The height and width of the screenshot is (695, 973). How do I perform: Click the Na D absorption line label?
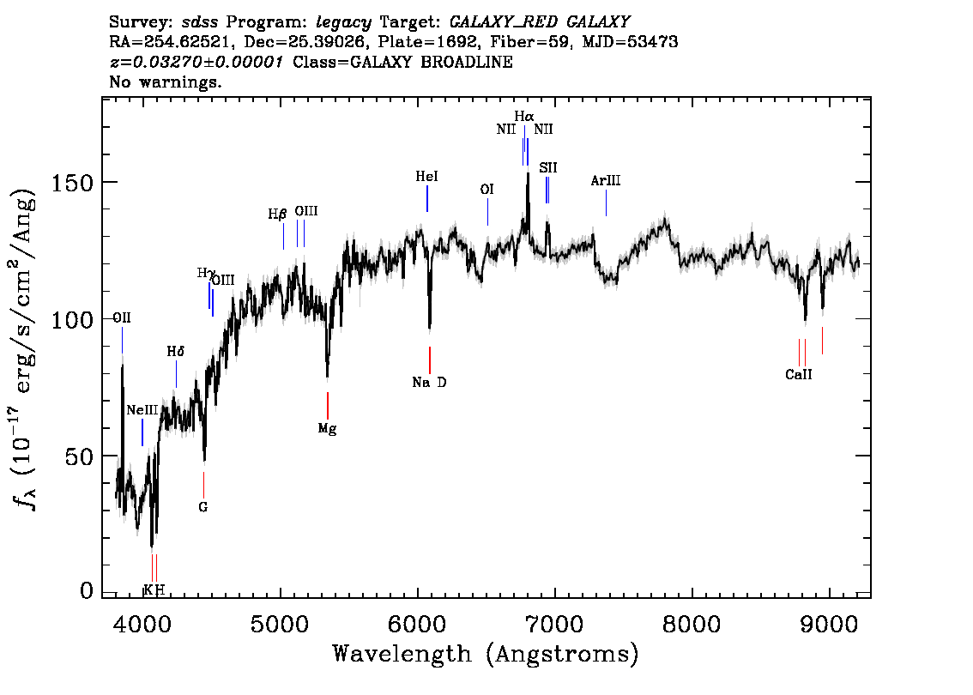coord(429,383)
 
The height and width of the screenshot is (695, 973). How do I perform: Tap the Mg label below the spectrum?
coord(327,428)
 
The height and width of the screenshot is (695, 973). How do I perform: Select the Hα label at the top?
coord(523,116)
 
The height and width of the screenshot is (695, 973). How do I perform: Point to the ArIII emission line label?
coord(606,180)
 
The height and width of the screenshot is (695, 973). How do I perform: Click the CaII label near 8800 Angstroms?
coord(799,374)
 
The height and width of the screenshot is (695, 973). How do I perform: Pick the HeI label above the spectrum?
coord(427,176)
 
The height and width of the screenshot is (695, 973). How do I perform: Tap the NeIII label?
coord(142,410)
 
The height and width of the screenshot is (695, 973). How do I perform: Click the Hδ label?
coord(176,352)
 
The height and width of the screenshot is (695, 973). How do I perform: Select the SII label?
coord(548,167)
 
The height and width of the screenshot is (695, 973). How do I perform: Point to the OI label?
coord(487,190)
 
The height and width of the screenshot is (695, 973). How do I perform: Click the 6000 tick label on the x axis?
coord(417,624)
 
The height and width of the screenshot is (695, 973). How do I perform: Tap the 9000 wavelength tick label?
coord(828,624)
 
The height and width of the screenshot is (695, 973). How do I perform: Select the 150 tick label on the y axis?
coord(71,183)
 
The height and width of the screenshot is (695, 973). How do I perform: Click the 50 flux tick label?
coord(79,456)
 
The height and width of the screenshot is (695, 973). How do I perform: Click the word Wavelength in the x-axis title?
coord(402,654)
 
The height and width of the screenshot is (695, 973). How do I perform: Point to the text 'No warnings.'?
coord(165,82)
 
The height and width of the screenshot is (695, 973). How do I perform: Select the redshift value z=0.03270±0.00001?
coord(196,62)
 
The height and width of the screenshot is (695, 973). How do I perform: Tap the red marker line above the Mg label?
coord(328,406)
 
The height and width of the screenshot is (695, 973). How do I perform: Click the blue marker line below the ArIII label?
coord(607,202)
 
